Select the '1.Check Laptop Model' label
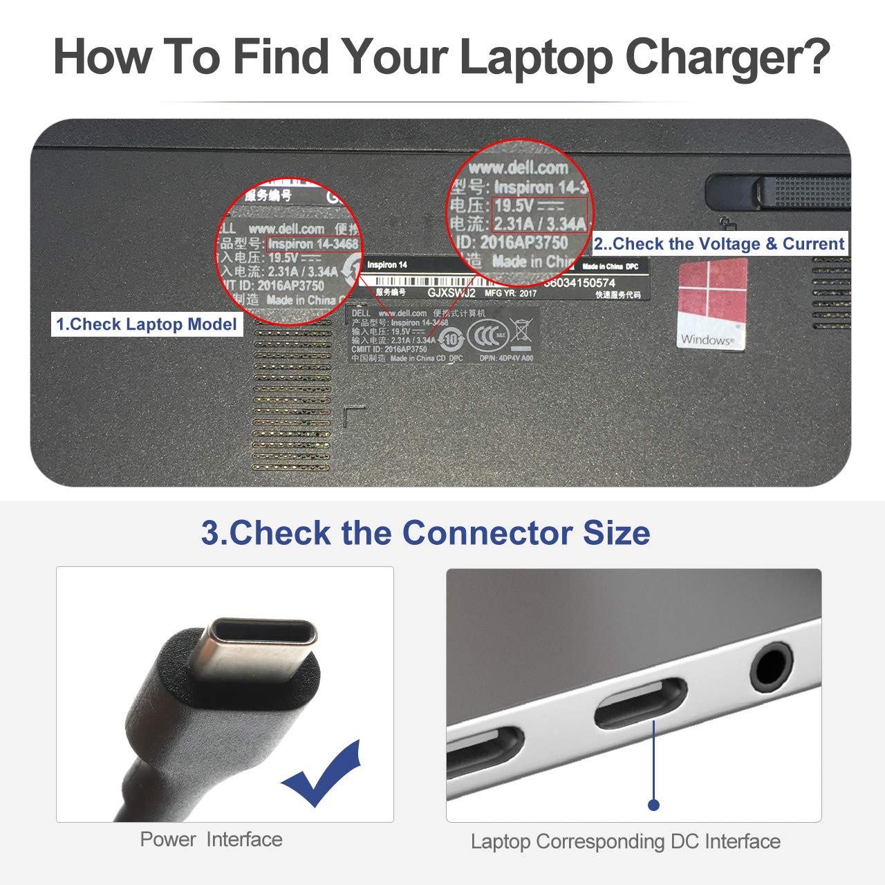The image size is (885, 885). tap(147, 324)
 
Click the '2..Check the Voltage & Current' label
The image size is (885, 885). tap(719, 243)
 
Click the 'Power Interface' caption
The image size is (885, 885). tap(211, 839)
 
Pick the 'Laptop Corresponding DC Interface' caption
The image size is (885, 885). tap(625, 841)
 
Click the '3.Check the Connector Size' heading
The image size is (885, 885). tap(425, 533)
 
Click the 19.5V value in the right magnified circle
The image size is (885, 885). tap(514, 205)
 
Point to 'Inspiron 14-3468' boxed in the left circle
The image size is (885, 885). tap(313, 244)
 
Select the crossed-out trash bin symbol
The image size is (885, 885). tap(520, 334)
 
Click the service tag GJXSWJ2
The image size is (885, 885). tap(451, 292)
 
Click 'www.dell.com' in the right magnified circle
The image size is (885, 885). tap(518, 167)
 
